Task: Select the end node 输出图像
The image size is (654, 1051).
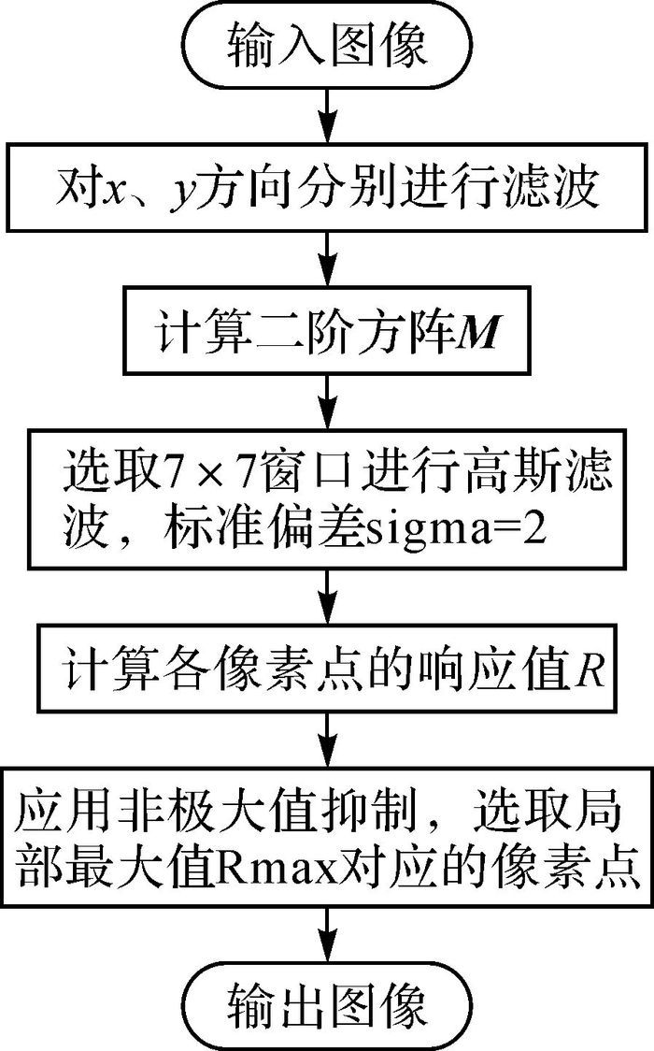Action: click(326, 1007)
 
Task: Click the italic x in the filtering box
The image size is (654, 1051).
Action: click(111, 192)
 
